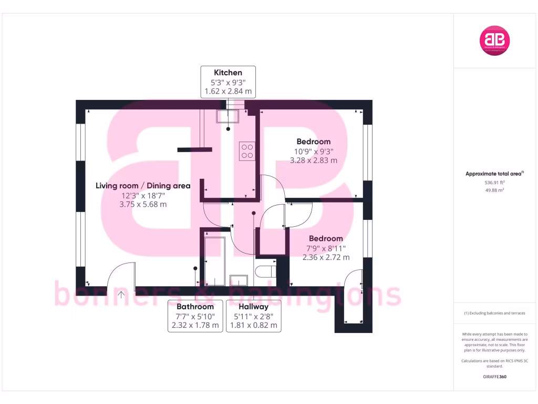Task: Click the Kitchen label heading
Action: click(x=228, y=73)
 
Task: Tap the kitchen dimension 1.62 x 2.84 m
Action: click(x=228, y=92)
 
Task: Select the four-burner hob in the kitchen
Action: click(x=247, y=151)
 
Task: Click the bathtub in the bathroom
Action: click(x=214, y=261)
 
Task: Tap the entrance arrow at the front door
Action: click(x=121, y=295)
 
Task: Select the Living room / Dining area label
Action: click(x=143, y=186)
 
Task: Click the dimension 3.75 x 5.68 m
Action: click(x=143, y=205)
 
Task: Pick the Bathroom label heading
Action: click(x=195, y=307)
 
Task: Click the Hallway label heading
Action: click(x=254, y=307)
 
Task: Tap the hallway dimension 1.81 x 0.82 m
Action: click(x=254, y=326)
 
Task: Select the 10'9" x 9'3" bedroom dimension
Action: click(x=313, y=151)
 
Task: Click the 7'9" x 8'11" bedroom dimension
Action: click(x=326, y=248)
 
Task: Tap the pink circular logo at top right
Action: click(x=495, y=41)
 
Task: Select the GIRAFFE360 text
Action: click(x=494, y=377)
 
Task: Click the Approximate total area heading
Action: click(x=494, y=174)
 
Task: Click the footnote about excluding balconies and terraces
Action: click(x=494, y=313)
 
